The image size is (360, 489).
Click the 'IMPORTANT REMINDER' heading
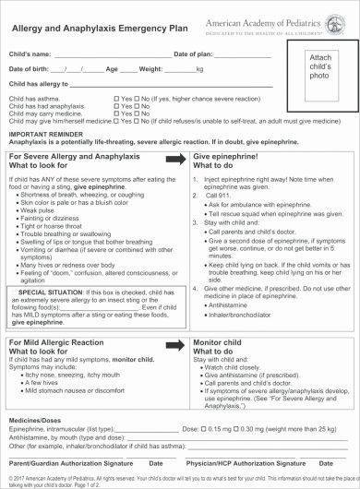pos(42,131)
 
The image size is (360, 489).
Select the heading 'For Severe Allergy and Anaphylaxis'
pos(72,156)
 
